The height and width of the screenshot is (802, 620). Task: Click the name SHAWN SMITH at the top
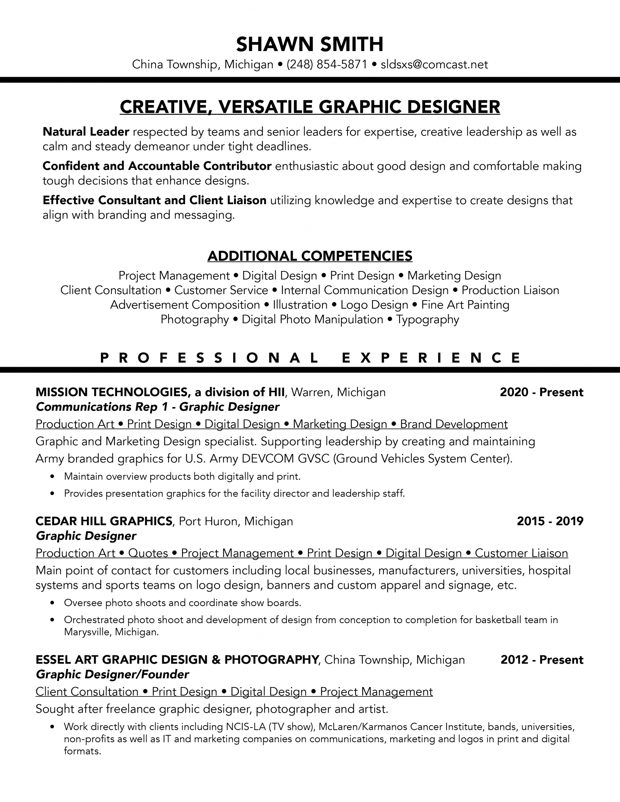pos(310,44)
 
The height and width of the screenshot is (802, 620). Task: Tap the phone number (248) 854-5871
pos(327,65)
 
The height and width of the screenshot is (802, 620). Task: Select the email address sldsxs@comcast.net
pos(434,65)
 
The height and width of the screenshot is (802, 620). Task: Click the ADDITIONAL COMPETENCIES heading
pos(310,256)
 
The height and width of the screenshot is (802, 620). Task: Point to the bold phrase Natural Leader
pos(86,132)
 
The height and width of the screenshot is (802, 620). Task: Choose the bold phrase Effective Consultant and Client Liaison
pos(154,200)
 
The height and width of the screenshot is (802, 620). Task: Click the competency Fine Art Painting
pos(465,305)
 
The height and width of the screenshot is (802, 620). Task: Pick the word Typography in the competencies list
pos(428,320)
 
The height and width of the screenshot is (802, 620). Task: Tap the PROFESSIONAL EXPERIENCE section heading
pos(310,358)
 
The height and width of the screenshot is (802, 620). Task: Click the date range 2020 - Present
pos(541,392)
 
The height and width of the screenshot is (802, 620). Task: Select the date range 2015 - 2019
pos(550,521)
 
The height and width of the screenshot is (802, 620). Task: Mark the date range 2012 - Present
pos(542,659)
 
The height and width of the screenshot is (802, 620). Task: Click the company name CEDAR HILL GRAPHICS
pos(104,521)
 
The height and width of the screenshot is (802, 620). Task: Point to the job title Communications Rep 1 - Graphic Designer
pos(158,407)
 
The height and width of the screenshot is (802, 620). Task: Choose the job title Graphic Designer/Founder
pos(113,674)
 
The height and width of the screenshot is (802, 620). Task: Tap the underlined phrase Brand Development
pos(454,424)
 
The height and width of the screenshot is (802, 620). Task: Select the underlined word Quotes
pos(148,553)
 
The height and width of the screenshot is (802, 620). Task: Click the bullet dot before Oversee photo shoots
pos(53,603)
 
